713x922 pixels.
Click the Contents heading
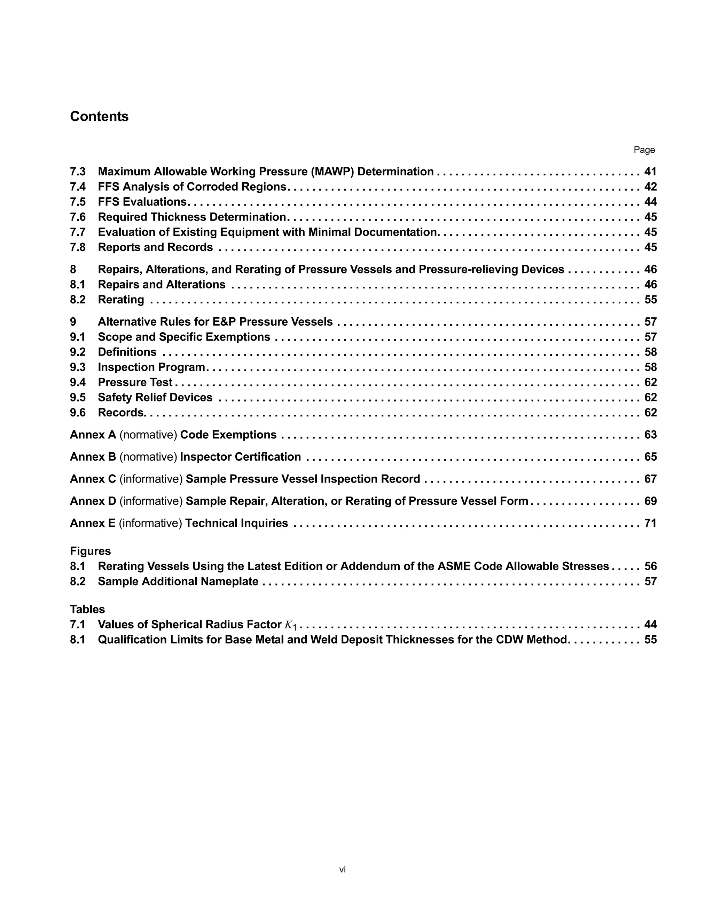click(x=99, y=117)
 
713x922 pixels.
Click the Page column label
click(x=644, y=150)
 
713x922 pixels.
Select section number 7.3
click(x=78, y=172)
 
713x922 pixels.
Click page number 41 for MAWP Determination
click(x=650, y=172)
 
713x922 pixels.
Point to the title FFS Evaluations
click(x=142, y=202)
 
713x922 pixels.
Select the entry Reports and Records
click(x=155, y=247)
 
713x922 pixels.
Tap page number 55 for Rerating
click(x=650, y=300)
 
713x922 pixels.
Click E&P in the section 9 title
click(x=224, y=322)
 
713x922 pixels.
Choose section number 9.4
click(x=78, y=382)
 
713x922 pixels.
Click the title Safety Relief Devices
click(x=155, y=398)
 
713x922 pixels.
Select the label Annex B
click(x=93, y=457)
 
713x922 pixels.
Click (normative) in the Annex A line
click(x=148, y=435)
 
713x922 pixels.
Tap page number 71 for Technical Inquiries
click(x=650, y=524)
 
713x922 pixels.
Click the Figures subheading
click(x=91, y=551)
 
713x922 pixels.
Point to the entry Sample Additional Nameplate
click(x=178, y=582)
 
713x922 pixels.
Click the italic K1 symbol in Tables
click(x=291, y=625)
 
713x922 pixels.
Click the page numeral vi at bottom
click(x=343, y=869)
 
